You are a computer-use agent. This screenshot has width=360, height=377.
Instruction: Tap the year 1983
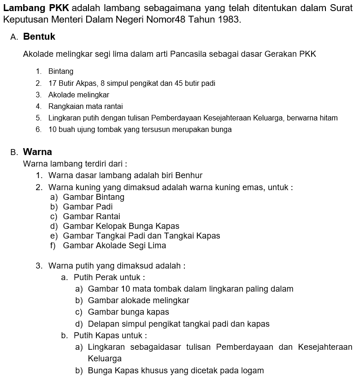click(230, 20)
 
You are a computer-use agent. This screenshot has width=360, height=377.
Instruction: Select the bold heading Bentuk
click(39, 36)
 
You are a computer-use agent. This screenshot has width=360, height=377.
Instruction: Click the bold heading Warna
click(37, 152)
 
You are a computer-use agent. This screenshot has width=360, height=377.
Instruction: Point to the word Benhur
click(188, 175)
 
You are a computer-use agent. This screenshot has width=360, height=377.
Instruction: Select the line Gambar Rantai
click(91, 216)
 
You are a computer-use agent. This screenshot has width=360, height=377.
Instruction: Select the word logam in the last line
click(253, 371)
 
